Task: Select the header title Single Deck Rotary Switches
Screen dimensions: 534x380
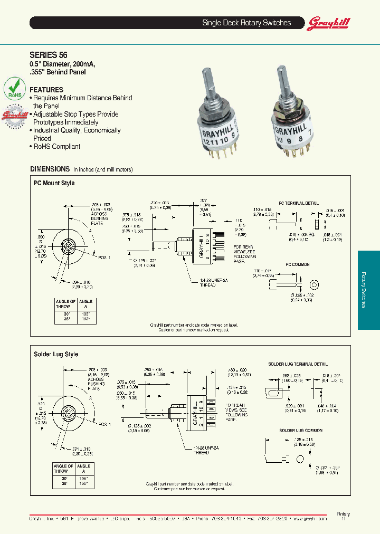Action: (246, 23)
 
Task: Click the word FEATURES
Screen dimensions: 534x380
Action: (46, 90)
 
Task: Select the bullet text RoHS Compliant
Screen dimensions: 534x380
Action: (56, 147)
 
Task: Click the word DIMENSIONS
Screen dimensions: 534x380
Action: (50, 169)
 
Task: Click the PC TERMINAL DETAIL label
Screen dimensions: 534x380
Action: (298, 203)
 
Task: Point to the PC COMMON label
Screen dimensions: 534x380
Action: (298, 264)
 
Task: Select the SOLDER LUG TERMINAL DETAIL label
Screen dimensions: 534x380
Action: (298, 364)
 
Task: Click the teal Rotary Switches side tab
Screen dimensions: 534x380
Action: (368, 290)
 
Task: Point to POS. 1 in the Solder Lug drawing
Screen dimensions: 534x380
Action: (104, 424)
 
